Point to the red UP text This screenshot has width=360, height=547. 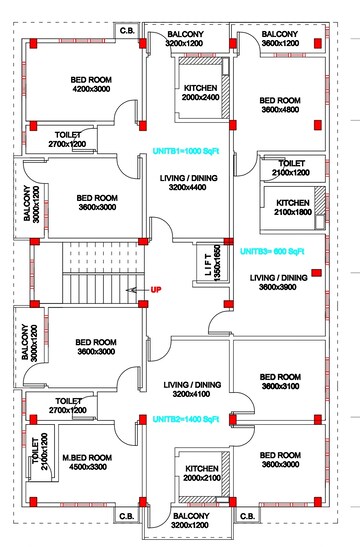pos(156,290)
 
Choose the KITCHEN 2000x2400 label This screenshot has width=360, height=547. pos(200,93)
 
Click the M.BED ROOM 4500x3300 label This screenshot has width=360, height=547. pos(85,462)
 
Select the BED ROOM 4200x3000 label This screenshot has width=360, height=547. pos(92,83)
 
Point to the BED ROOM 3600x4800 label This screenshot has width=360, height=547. pos(280,106)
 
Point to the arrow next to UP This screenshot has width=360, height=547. pos(136,290)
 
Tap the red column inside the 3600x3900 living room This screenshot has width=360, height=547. pos(317,272)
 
